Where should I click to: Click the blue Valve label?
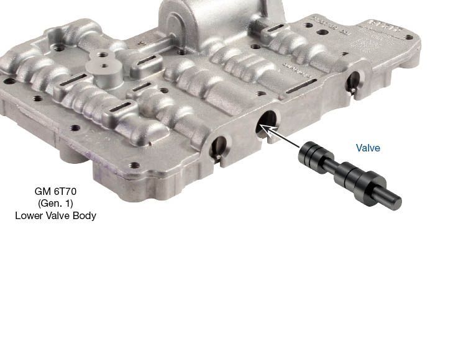tap(368, 148)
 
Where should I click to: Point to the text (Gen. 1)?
tap(55, 204)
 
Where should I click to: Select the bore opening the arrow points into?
tap(267, 122)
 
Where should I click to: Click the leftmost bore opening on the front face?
tap(219, 148)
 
